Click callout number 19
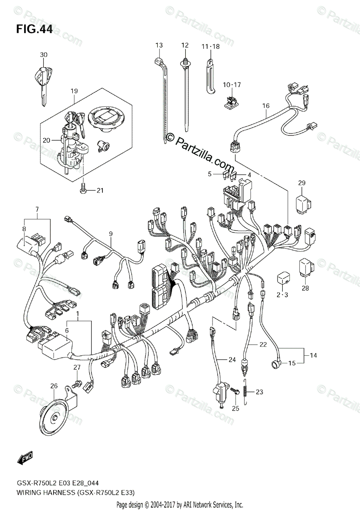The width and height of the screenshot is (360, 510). (x=74, y=91)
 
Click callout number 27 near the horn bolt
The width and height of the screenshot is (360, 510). (x=77, y=367)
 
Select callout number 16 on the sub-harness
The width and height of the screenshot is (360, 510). (x=266, y=106)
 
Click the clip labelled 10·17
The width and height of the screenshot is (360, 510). (x=230, y=101)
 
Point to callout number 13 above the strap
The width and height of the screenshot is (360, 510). (x=159, y=45)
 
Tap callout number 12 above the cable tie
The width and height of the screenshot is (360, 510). (x=184, y=45)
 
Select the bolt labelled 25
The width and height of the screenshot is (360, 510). (x=235, y=390)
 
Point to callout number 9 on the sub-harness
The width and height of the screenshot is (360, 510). (x=111, y=233)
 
